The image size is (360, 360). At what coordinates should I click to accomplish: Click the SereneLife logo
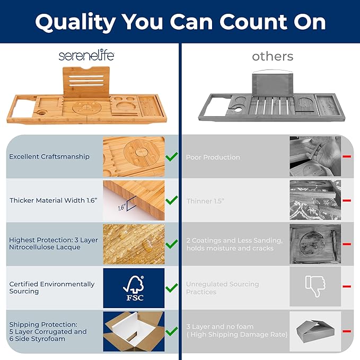[86, 56]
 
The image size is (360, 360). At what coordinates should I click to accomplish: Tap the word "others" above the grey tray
[273, 57]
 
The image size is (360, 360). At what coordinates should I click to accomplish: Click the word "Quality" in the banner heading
[75, 22]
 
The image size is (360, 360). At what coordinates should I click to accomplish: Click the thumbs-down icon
[315, 286]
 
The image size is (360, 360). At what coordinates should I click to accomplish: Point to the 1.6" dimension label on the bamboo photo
[122, 207]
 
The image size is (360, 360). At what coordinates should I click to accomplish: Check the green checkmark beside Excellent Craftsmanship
[172, 156]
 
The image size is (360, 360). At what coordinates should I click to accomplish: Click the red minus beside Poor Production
[347, 156]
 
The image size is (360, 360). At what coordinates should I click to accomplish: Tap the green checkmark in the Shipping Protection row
[172, 331]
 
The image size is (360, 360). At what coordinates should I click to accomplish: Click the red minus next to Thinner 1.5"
[347, 200]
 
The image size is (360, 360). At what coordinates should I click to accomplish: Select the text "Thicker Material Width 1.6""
[53, 200]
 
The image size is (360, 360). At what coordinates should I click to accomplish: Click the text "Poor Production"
[213, 157]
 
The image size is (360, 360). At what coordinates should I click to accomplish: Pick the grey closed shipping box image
[315, 331]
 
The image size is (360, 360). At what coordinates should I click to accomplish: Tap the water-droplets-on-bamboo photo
[134, 244]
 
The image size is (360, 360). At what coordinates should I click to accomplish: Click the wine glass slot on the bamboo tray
[41, 113]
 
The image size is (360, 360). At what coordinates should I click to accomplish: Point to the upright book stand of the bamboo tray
[86, 82]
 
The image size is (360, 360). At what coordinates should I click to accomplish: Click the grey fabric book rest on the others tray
[273, 84]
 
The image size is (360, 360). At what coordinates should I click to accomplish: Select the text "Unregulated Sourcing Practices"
[223, 288]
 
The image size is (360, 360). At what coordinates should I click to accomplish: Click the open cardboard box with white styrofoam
[134, 331]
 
